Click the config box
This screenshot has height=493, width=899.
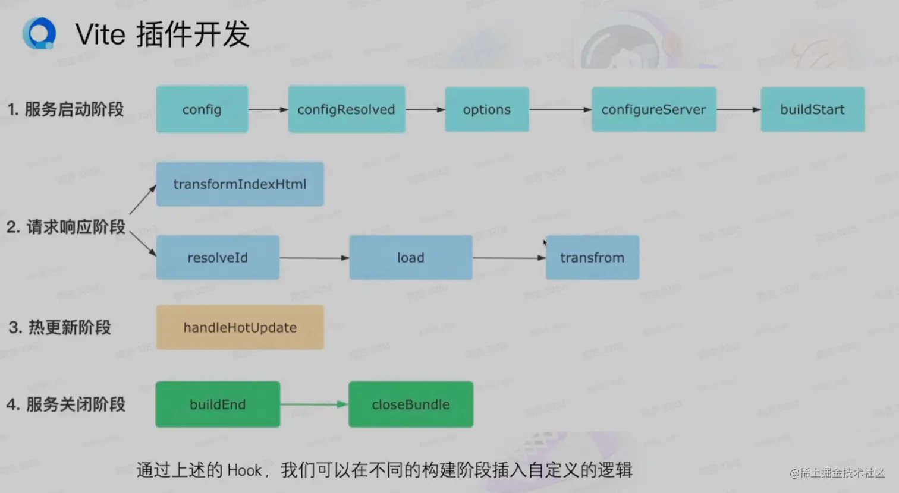coord(202,109)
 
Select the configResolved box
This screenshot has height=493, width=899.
coord(346,109)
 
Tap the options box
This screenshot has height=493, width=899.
coord(486,109)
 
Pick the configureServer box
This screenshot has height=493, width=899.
coord(653,109)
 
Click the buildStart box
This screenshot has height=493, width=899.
coord(812,109)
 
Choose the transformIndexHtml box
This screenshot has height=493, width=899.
coord(240,184)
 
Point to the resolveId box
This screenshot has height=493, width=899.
coord(218,258)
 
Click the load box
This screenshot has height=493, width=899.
coord(410,258)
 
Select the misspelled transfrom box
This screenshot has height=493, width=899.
coord(592,258)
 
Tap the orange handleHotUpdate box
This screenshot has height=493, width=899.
coord(240,327)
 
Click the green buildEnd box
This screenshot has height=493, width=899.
coord(218,404)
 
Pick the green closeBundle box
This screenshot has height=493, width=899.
coord(410,404)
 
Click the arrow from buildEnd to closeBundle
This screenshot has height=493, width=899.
coord(314,404)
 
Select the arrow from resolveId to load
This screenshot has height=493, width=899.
coord(314,258)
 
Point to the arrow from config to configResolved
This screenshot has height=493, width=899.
coord(268,109)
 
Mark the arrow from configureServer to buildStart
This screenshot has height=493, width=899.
coord(738,109)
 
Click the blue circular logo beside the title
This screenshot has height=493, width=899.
coord(39,33)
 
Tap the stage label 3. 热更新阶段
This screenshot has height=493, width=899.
coord(60,327)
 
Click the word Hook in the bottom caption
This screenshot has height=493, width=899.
coord(244,470)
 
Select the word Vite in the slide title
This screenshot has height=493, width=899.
coord(100,34)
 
